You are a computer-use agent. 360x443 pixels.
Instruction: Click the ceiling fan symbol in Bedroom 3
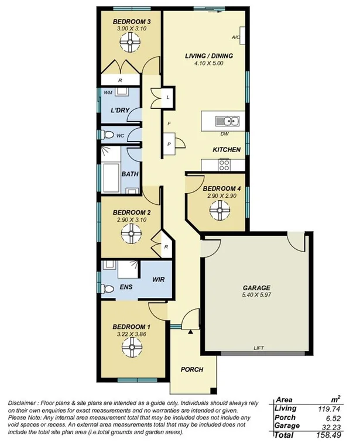pyautogui.click(x=128, y=43)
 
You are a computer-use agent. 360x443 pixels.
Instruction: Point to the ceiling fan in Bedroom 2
pyautogui.click(x=128, y=234)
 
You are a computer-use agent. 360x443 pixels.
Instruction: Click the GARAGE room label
pyautogui.click(x=256, y=288)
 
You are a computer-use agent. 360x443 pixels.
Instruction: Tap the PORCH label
pyautogui.click(x=191, y=369)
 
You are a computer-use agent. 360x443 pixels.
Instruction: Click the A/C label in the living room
pyautogui.click(x=236, y=37)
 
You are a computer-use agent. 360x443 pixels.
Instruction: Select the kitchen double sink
pyautogui.click(x=227, y=122)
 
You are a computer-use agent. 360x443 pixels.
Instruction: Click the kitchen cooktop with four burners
pyautogui.click(x=226, y=165)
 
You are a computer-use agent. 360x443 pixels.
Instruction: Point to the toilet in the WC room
pyautogui.click(x=107, y=136)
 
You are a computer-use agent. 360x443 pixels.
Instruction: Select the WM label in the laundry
pyautogui.click(x=108, y=92)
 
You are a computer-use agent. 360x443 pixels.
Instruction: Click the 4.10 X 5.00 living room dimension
pyautogui.click(x=209, y=64)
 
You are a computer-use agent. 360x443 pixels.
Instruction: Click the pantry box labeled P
pyautogui.click(x=169, y=143)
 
